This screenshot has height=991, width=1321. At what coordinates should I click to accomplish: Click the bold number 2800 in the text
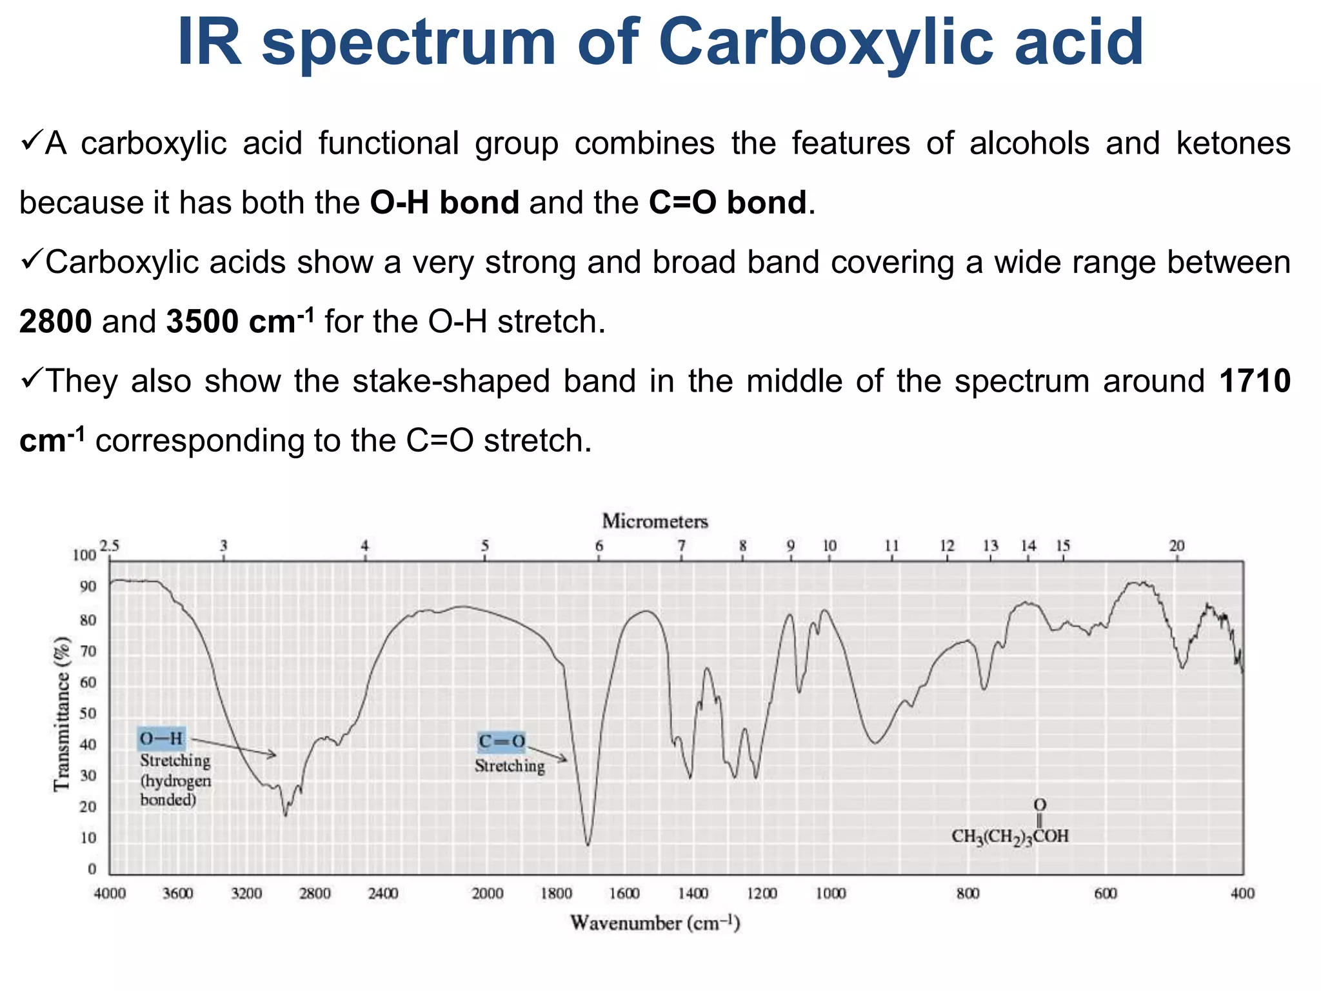[55, 321]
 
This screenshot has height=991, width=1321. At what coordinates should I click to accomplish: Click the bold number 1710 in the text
[1254, 381]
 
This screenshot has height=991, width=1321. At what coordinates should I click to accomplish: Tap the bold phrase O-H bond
[444, 203]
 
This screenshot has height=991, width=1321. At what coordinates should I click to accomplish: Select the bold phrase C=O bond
[727, 203]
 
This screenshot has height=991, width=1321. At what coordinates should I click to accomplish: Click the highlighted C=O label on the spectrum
[501, 742]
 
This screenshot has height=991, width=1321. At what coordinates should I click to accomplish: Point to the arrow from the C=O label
[547, 752]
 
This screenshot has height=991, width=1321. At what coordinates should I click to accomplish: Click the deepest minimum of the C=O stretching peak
[588, 844]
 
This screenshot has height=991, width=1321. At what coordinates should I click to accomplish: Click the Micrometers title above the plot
[655, 521]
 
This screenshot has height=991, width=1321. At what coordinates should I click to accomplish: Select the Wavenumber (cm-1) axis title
[655, 923]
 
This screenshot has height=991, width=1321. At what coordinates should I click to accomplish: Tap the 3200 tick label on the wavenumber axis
[246, 894]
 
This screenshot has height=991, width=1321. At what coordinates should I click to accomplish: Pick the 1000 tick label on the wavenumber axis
[830, 894]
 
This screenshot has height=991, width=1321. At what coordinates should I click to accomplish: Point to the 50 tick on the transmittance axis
[88, 714]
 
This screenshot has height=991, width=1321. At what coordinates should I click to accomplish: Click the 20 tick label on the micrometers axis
[1177, 546]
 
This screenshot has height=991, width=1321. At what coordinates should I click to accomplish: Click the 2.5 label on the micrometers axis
[110, 546]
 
